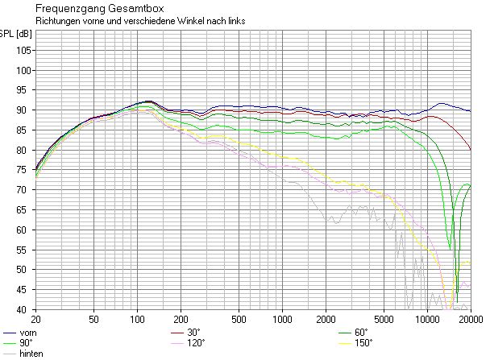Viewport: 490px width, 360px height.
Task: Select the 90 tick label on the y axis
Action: [24, 110]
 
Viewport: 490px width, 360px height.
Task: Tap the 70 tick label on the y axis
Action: [24, 190]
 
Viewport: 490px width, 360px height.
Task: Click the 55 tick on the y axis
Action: [24, 250]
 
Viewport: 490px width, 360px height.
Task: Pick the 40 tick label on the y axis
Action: [24, 309]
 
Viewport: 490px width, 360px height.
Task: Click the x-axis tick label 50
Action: [94, 318]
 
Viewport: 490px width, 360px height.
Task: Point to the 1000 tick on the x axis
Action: [282, 318]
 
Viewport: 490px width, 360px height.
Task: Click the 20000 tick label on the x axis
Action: [469, 318]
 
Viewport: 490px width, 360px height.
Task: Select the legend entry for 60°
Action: [360, 333]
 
